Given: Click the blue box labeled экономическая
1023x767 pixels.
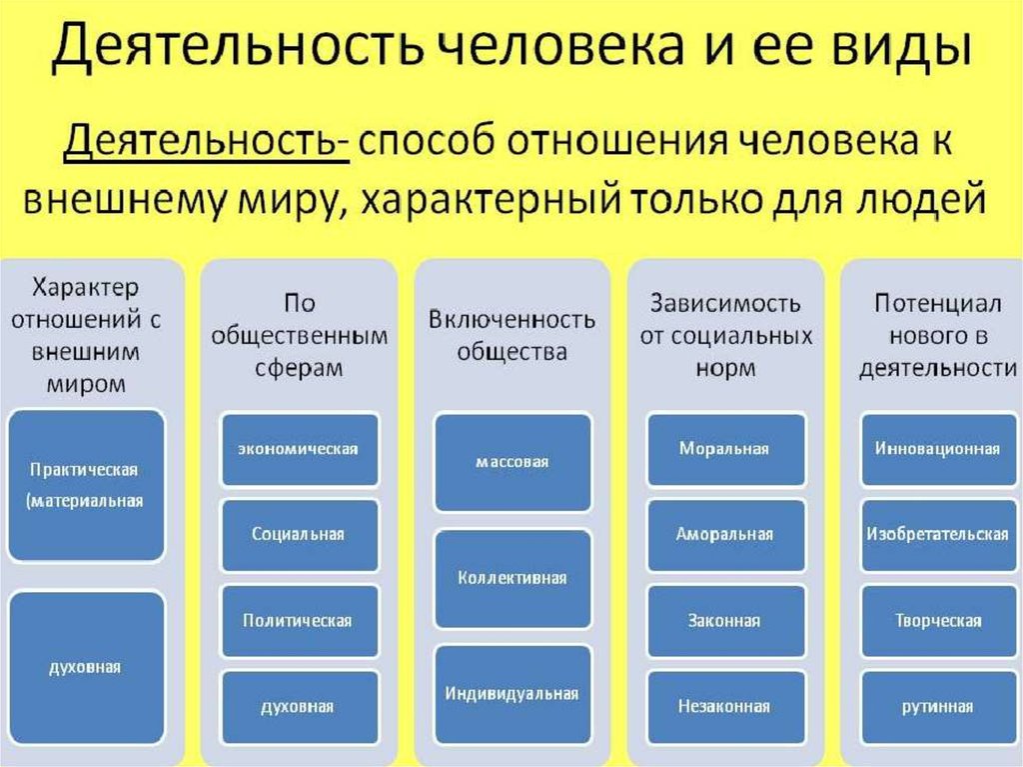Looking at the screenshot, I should tap(299, 449).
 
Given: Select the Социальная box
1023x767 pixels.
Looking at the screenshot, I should tap(299, 534).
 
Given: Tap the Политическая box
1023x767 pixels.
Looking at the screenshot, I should tap(299, 621).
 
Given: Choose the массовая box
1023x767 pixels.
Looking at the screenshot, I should tap(512, 462).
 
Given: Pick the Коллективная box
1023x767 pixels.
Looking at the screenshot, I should tap(512, 578).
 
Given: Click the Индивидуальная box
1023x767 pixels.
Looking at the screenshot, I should tap(512, 693).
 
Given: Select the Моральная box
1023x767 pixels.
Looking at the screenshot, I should tap(725, 449).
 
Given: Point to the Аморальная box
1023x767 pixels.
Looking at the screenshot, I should tap(725, 534).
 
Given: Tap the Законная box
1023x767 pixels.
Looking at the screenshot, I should tap(725, 621).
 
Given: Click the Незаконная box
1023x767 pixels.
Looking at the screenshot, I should tap(725, 706).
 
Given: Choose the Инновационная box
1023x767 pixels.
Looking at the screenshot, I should tap(938, 449).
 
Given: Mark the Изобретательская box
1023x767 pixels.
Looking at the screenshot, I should tap(938, 534).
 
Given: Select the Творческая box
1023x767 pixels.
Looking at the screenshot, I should tap(938, 621).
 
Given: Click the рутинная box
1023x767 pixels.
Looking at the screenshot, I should tap(938, 706).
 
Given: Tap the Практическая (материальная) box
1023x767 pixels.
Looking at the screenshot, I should tap(85, 485).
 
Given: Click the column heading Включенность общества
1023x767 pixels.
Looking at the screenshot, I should tap(512, 336).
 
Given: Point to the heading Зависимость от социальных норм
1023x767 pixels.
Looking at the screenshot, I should tap(725, 336).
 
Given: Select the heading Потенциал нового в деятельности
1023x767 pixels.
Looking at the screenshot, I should tap(938, 336).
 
